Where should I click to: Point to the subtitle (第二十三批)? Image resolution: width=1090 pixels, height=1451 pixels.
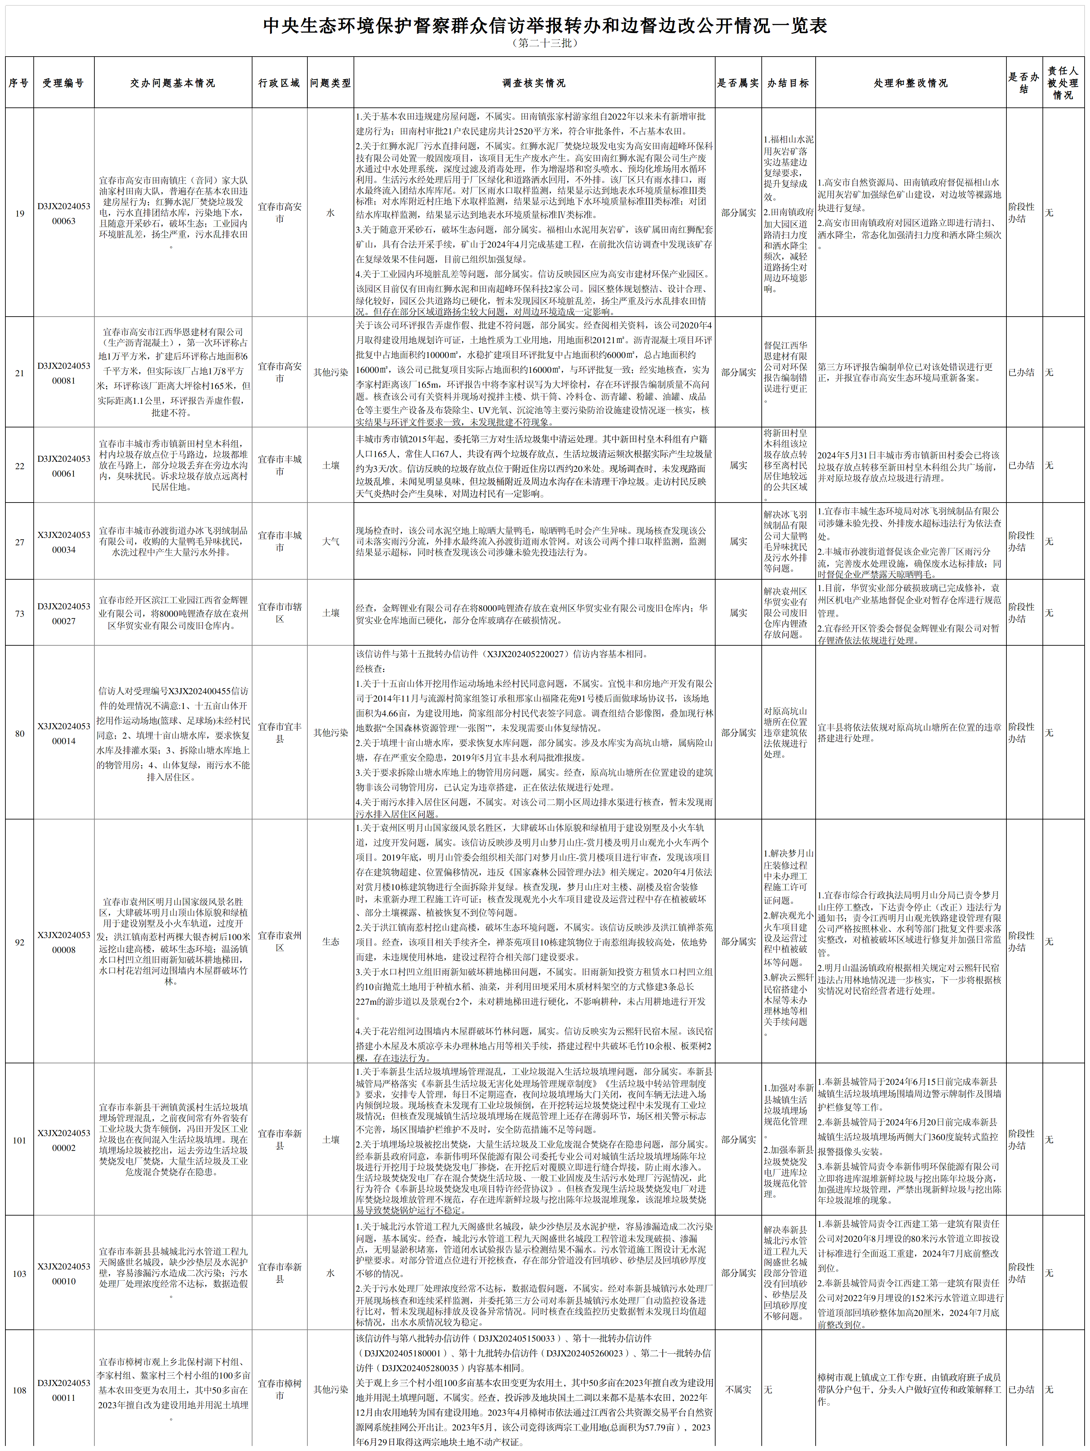click(545, 43)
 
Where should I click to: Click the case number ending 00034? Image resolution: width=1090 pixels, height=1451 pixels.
click(64, 542)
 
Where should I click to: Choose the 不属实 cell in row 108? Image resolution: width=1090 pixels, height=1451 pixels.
click(738, 1389)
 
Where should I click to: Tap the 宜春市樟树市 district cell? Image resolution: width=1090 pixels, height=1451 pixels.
click(279, 1389)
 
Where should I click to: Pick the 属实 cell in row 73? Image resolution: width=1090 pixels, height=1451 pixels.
click(738, 613)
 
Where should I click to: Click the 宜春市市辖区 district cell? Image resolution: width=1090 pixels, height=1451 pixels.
click(279, 613)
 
